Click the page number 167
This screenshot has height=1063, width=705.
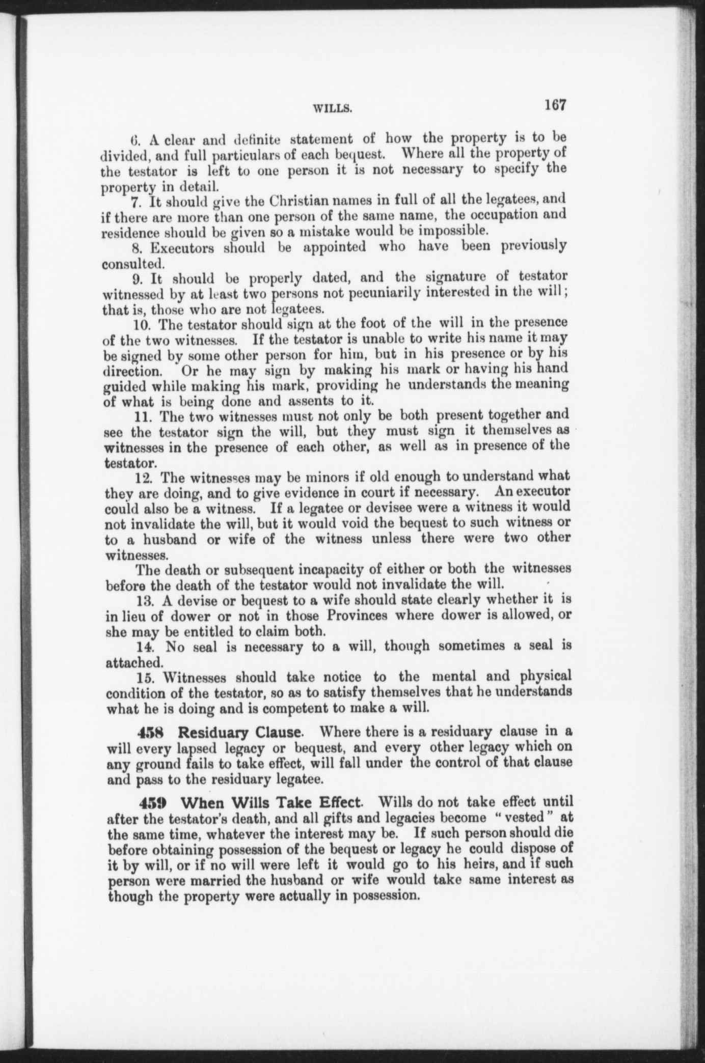[x=555, y=105]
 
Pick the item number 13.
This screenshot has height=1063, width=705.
[x=145, y=601]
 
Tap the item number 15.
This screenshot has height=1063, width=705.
[x=146, y=678]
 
